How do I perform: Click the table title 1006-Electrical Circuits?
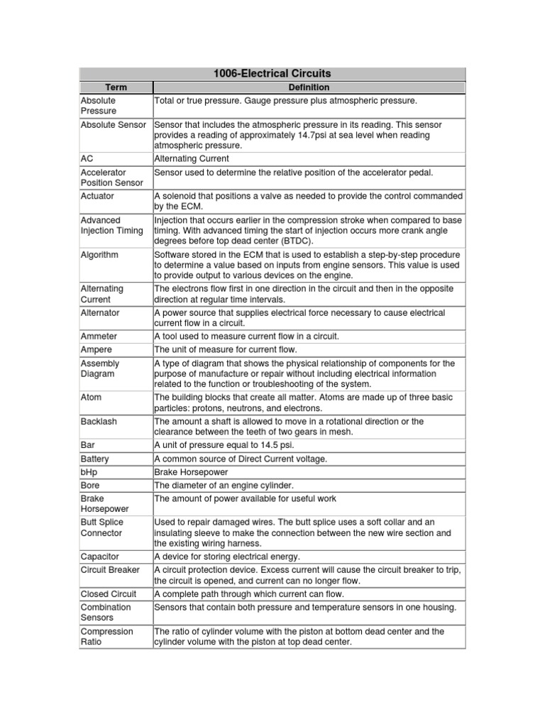(x=272, y=73)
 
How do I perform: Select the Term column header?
(x=115, y=87)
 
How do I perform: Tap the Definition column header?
(x=309, y=87)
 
